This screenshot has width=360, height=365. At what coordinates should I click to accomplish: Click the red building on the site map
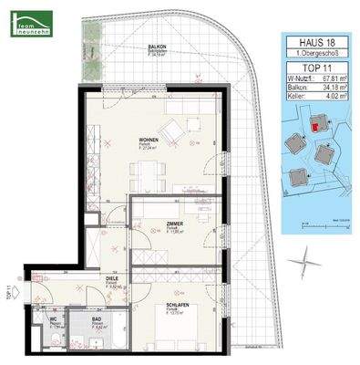pos(315,129)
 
